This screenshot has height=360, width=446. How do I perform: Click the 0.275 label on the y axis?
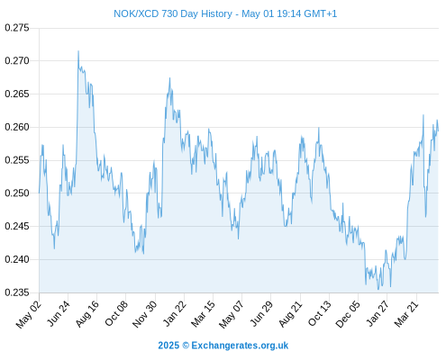point(17,28)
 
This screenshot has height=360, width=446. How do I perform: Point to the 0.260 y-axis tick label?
point(17,127)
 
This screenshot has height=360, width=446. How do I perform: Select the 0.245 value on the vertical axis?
point(17,226)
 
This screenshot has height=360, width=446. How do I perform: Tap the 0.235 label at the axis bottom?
point(17,292)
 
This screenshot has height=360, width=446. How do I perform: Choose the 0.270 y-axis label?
point(17,61)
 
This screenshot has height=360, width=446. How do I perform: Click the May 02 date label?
point(29,314)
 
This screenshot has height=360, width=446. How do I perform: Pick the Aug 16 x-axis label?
point(87,314)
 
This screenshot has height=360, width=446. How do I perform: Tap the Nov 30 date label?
point(145,314)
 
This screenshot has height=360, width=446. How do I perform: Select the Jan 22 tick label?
point(175,313)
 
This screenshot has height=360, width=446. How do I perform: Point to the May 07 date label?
point(232,314)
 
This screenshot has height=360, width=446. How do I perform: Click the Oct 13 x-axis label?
point(320,313)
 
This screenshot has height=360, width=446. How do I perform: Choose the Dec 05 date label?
point(348,314)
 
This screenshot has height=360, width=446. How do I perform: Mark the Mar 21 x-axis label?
point(406,314)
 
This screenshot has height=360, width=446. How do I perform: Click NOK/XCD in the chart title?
point(136,13)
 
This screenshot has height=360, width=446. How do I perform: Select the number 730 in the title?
point(170,13)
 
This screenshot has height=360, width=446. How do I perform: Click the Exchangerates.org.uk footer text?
point(240,346)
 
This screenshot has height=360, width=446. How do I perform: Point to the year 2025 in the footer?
point(168,346)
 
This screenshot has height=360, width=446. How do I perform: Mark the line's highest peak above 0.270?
point(78,51)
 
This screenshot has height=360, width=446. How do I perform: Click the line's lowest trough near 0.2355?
point(378,289)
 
